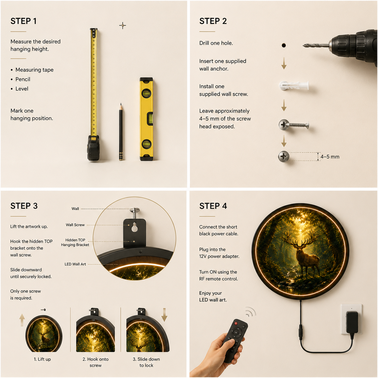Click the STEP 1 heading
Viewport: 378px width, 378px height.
click(x=24, y=21)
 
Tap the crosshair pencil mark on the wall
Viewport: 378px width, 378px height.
click(x=123, y=26)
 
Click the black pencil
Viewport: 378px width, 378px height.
click(x=121, y=132)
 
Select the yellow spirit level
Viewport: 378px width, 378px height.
click(x=146, y=119)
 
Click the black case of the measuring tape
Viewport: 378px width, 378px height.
click(x=93, y=148)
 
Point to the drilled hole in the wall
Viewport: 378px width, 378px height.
click(x=284, y=45)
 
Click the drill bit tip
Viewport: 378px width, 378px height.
click(x=303, y=46)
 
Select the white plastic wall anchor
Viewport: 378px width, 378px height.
click(x=294, y=86)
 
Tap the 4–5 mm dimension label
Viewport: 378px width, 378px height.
click(x=330, y=157)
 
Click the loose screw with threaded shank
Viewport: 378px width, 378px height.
click(x=294, y=124)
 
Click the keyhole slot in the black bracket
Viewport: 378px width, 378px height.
click(x=134, y=227)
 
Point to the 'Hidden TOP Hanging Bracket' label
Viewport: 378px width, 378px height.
click(x=75, y=242)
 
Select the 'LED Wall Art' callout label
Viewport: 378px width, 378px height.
click(x=75, y=264)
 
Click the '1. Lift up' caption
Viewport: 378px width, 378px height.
click(x=42, y=359)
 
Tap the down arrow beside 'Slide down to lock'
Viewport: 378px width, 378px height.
click(x=164, y=314)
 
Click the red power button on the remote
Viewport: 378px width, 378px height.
click(x=236, y=323)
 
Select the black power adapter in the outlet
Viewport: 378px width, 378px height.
click(x=352, y=322)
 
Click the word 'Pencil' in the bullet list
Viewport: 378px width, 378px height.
click(x=23, y=79)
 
